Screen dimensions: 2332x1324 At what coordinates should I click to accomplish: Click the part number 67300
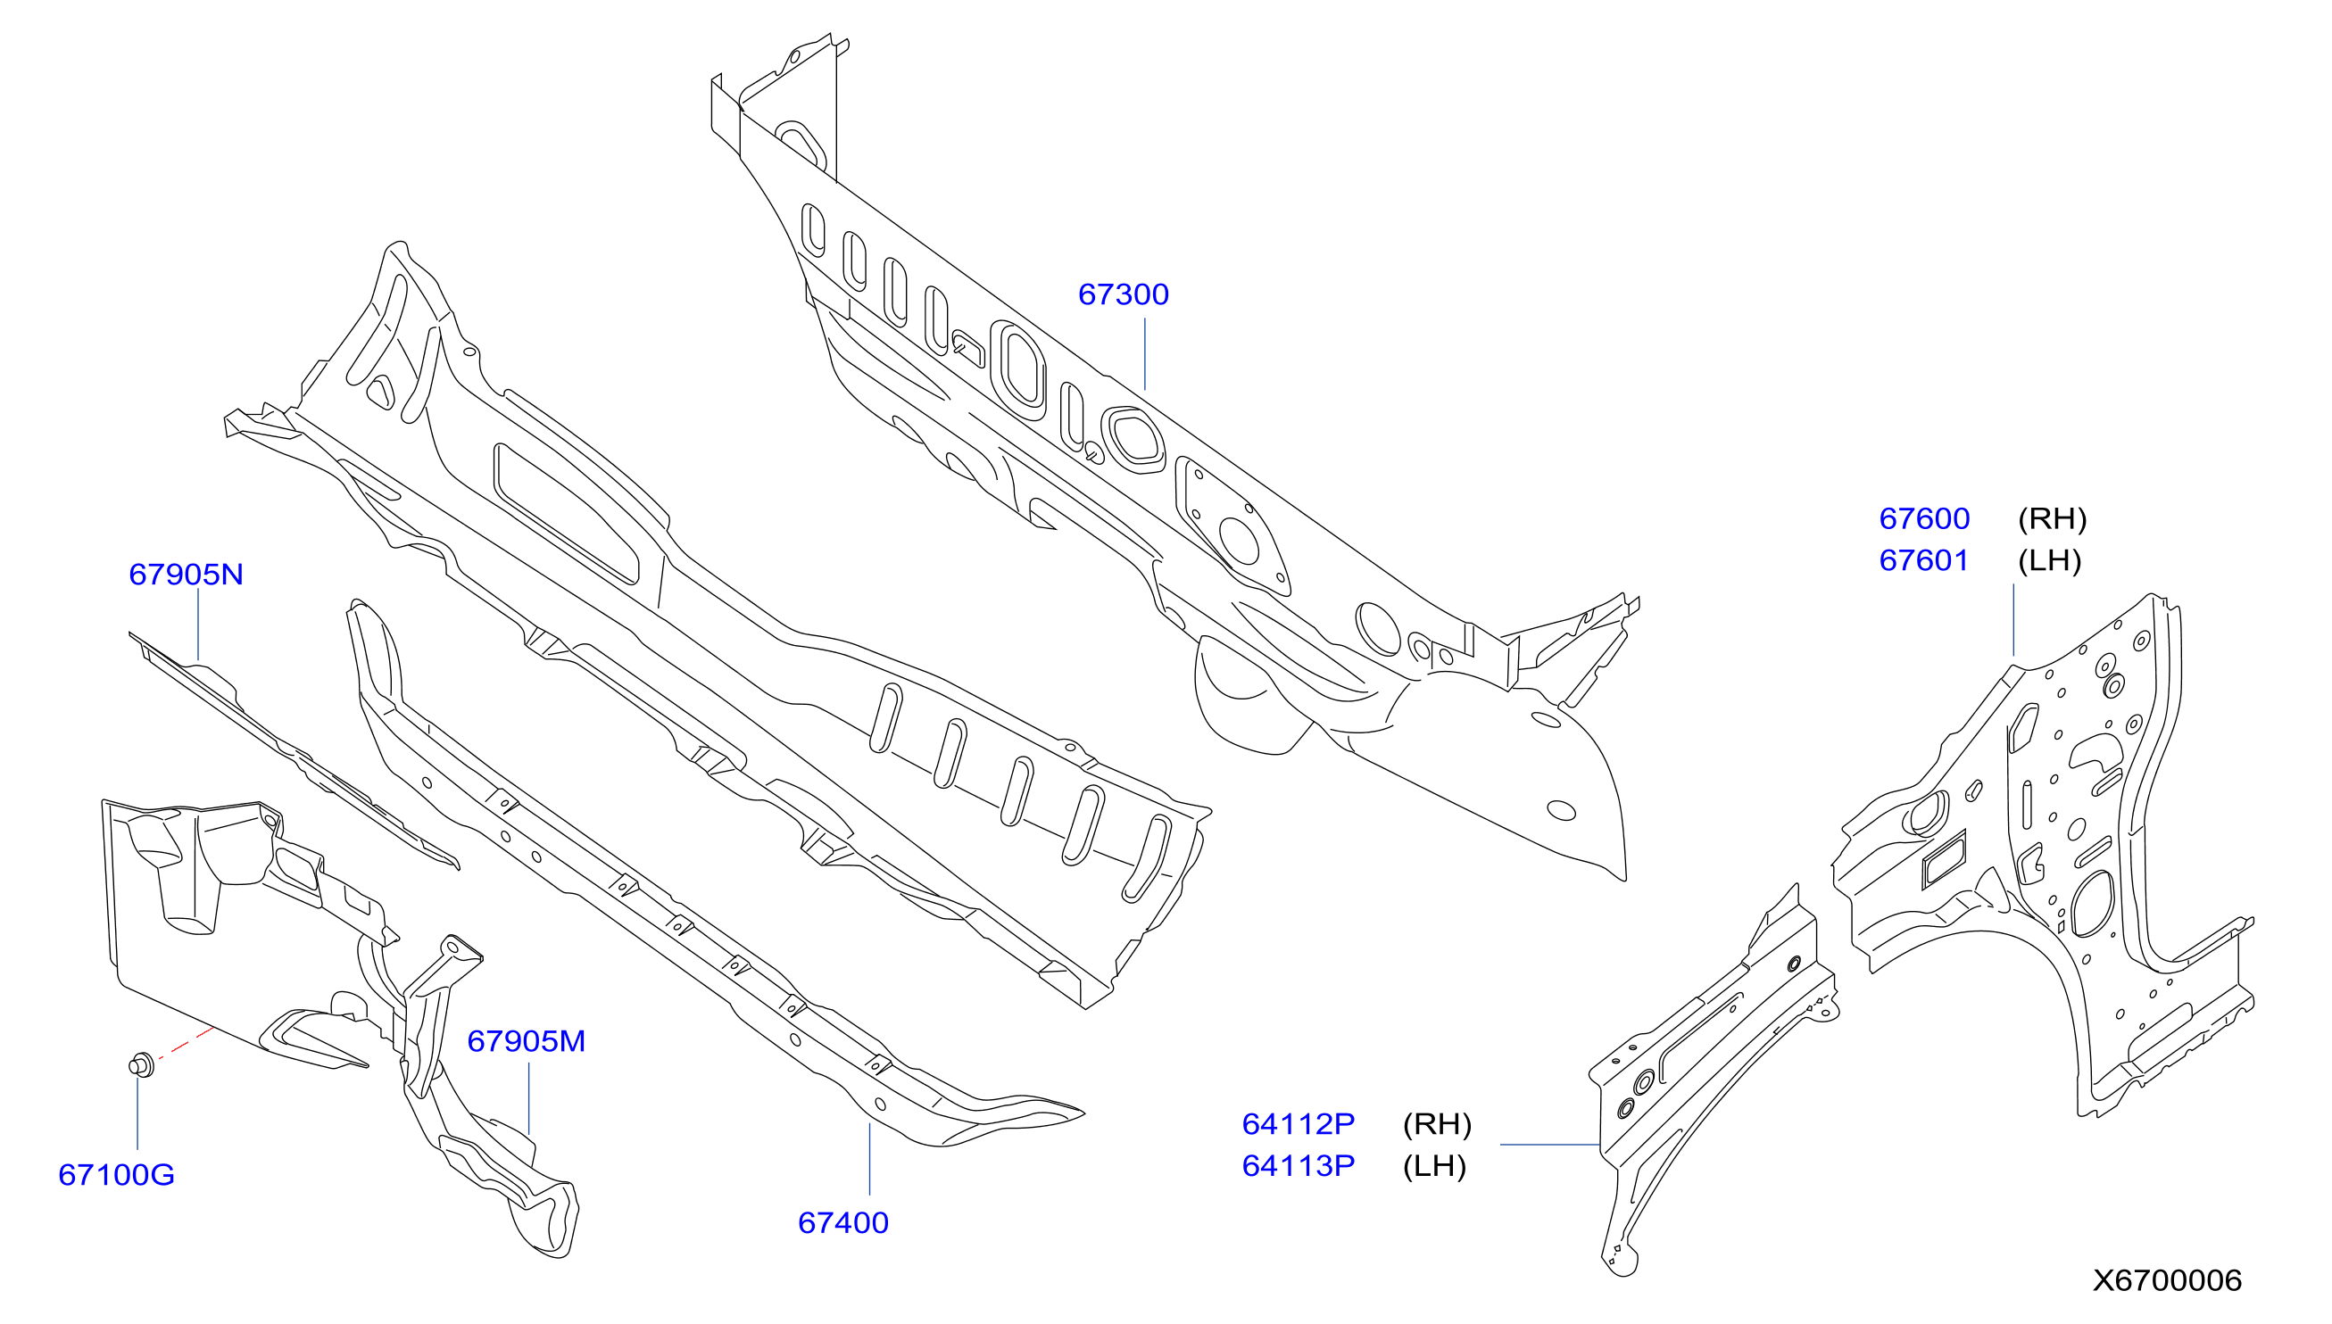click(1124, 294)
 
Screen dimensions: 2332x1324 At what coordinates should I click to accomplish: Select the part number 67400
click(843, 1223)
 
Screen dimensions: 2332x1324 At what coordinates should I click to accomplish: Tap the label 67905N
click(187, 575)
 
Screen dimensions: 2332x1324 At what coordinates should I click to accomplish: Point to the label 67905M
click(527, 1041)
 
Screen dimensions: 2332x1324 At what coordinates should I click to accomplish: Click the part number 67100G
click(116, 1175)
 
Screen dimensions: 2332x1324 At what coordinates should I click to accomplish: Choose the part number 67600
click(1924, 518)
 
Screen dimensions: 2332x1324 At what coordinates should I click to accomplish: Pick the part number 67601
click(1923, 560)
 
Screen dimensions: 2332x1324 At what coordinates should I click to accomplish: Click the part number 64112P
click(1299, 1124)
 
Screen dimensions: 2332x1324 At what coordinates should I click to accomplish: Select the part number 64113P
click(1299, 1166)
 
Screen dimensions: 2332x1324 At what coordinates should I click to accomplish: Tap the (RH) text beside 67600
click(2052, 519)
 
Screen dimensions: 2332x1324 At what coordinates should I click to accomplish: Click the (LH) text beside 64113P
click(1434, 1167)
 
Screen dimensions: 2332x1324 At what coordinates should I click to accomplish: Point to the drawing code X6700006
click(2168, 1280)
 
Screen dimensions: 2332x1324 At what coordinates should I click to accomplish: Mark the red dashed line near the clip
click(187, 1043)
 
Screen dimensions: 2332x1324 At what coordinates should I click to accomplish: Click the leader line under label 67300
click(1144, 353)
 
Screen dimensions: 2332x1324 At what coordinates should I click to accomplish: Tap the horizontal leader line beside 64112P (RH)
click(1550, 1145)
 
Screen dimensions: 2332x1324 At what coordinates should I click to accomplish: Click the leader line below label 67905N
click(198, 624)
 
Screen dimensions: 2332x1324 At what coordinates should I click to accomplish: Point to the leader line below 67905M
click(528, 1098)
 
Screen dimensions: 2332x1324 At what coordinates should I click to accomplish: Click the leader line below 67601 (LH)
click(2013, 619)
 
